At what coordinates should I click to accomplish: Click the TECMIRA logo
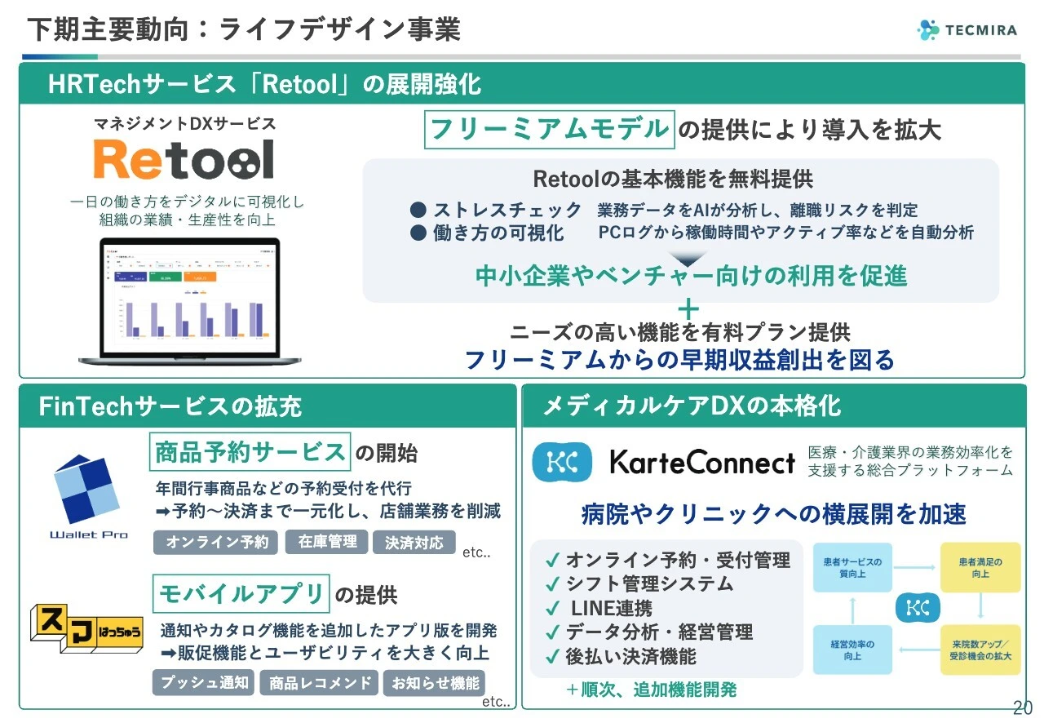click(x=967, y=30)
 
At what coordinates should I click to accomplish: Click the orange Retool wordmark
click(x=184, y=160)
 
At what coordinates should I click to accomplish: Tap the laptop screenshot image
click(x=189, y=300)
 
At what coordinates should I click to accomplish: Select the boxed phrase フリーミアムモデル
click(x=550, y=129)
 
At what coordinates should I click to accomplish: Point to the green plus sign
click(x=689, y=308)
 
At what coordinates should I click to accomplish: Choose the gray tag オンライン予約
click(x=215, y=542)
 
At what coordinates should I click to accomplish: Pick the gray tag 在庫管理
click(x=326, y=542)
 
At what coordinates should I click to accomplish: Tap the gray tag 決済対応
click(x=414, y=542)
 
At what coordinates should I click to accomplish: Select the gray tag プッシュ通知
click(x=203, y=682)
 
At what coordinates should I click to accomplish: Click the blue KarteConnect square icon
click(x=562, y=462)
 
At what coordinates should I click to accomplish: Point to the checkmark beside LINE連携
click(x=552, y=609)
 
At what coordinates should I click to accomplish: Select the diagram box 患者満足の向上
click(x=980, y=568)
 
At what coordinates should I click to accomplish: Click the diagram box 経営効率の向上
click(x=853, y=650)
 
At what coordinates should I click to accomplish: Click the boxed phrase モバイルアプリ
click(x=241, y=593)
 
